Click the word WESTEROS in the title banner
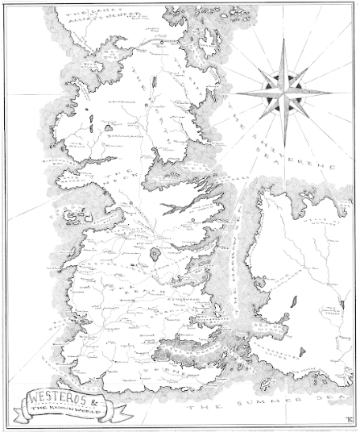[49, 395]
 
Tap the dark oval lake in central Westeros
[154, 255]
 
